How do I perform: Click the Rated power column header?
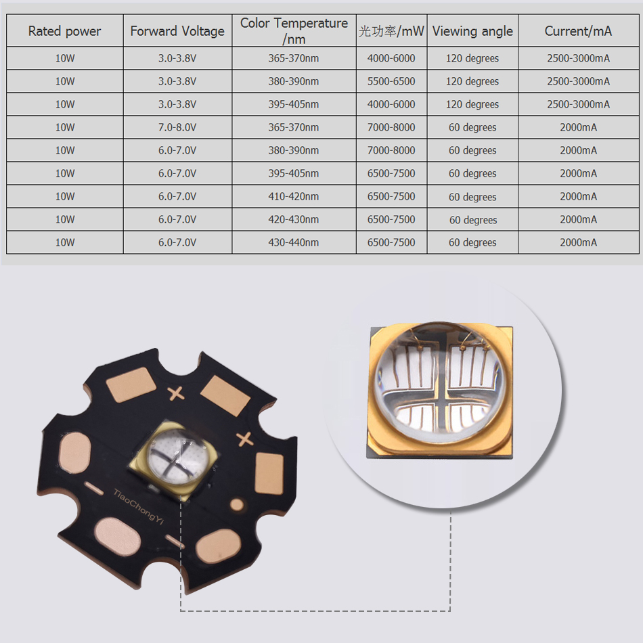pos(65,30)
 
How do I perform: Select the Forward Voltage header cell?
pos(177,30)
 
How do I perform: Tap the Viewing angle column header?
pos(472,30)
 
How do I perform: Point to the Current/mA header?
pos(578,30)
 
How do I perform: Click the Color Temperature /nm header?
pos(294,30)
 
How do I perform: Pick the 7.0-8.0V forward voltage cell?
pos(177,127)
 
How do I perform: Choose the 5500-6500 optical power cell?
pos(391,81)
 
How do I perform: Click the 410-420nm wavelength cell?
pos(294,196)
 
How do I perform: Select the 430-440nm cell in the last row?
pos(294,242)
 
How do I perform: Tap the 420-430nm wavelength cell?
pos(294,219)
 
